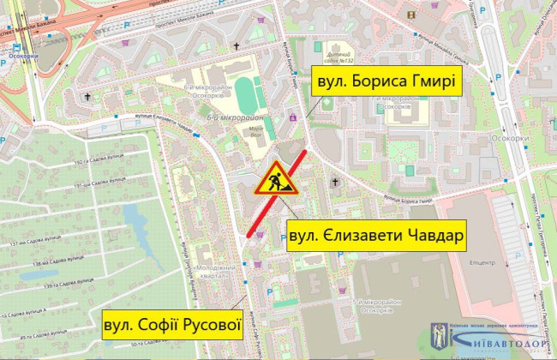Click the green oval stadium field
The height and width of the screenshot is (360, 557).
(x=247, y=93)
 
